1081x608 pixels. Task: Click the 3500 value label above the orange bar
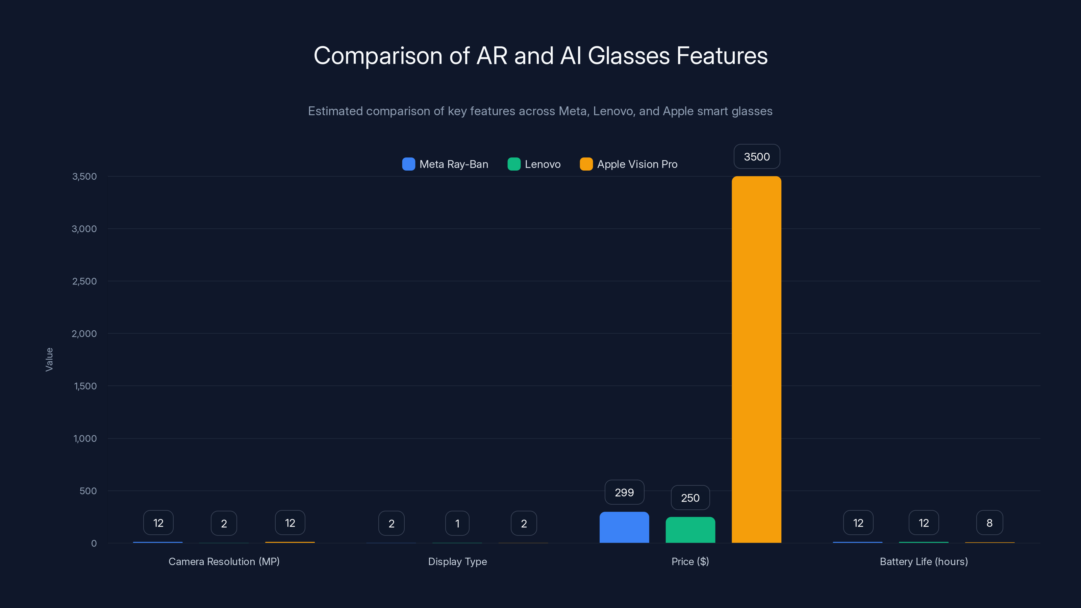pyautogui.click(x=757, y=156)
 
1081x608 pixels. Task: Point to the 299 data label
pyautogui.click(x=624, y=492)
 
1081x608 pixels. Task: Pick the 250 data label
pyautogui.click(x=690, y=498)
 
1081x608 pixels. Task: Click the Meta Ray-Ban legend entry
pyautogui.click(x=445, y=164)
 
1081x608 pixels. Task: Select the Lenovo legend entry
pyautogui.click(x=534, y=164)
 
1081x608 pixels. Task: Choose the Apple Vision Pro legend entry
pyautogui.click(x=629, y=164)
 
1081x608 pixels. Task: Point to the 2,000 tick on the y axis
pyautogui.click(x=84, y=334)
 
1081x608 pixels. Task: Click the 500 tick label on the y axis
pyautogui.click(x=88, y=491)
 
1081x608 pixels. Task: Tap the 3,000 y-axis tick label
pyautogui.click(x=84, y=229)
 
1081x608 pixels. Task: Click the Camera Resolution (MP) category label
pyautogui.click(x=224, y=561)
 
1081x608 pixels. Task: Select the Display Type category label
pyautogui.click(x=457, y=561)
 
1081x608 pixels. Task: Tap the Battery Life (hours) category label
pyautogui.click(x=924, y=561)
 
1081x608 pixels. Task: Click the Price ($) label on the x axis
pyautogui.click(x=690, y=561)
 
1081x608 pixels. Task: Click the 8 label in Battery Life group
pyautogui.click(x=989, y=523)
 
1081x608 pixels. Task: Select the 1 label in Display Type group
pyautogui.click(x=457, y=523)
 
